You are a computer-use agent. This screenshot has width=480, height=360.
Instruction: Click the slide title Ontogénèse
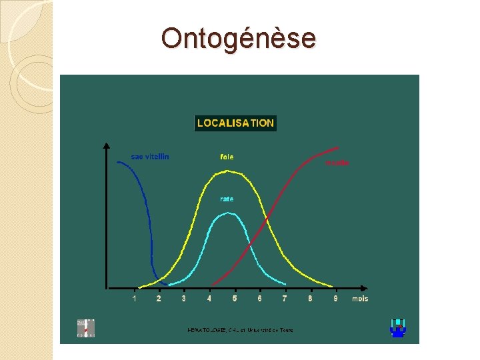pyautogui.click(x=238, y=39)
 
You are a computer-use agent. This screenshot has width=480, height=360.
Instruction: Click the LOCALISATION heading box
pyautogui.click(x=235, y=123)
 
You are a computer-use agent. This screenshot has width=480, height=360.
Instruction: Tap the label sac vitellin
pyautogui.click(x=150, y=157)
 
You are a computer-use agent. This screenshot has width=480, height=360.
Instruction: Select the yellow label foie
pyautogui.click(x=227, y=157)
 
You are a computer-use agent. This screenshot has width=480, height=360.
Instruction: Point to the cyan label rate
pyautogui.click(x=227, y=199)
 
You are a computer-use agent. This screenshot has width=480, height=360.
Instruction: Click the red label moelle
pyautogui.click(x=337, y=163)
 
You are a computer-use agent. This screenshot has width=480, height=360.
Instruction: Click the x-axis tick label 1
pyautogui.click(x=135, y=299)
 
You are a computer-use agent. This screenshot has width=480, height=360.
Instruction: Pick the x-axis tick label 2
pyautogui.click(x=159, y=299)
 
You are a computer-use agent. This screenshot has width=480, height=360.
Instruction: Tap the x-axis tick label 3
pyautogui.click(x=184, y=299)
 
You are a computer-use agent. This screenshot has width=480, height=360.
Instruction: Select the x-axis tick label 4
pyautogui.click(x=209, y=299)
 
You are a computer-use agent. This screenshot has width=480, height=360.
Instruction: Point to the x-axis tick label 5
pyautogui.click(x=235, y=299)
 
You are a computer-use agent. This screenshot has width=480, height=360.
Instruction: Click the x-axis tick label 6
pyautogui.click(x=259, y=299)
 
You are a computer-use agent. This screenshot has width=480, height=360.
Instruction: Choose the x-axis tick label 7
pyautogui.click(x=285, y=299)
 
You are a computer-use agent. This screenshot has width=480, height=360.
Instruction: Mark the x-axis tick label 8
pyautogui.click(x=310, y=299)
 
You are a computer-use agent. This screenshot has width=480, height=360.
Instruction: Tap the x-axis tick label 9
pyautogui.click(x=335, y=299)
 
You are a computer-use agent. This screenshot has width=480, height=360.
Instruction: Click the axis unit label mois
pyautogui.click(x=360, y=299)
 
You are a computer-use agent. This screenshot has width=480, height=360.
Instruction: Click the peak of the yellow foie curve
pyautogui.click(x=228, y=171)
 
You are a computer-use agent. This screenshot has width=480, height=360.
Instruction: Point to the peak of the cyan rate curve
pyautogui.click(x=228, y=213)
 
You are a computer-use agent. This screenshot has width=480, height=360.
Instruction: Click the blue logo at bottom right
pyautogui.click(x=398, y=328)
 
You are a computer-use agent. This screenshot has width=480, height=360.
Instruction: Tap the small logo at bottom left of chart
pyautogui.click(x=86, y=328)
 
